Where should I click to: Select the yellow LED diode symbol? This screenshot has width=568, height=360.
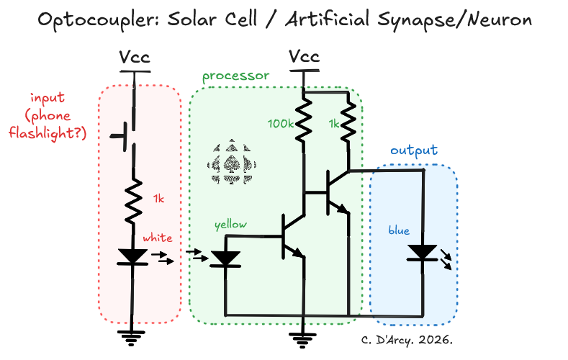[x=225, y=258]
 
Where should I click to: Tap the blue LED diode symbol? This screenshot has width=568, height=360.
[x=423, y=253]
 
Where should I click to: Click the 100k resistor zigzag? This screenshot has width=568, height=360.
[x=304, y=119]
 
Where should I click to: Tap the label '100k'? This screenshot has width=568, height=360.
[x=279, y=124]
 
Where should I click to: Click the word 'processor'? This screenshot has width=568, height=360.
[x=235, y=76]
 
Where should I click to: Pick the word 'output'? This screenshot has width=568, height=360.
[x=413, y=150]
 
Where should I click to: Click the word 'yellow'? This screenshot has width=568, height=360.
[x=230, y=225]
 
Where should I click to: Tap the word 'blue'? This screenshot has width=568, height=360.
[x=398, y=230]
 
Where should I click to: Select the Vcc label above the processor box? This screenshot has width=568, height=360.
[x=304, y=57]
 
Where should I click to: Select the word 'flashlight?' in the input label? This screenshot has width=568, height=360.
[x=48, y=132]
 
